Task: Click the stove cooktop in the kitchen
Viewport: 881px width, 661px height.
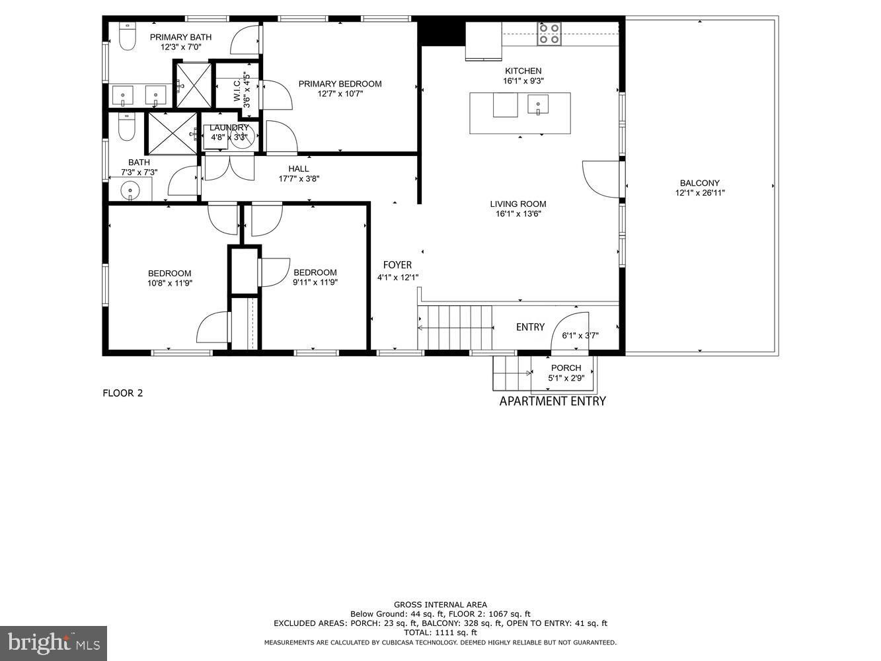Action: [x=549, y=34]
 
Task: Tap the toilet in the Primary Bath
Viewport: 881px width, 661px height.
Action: [x=128, y=36]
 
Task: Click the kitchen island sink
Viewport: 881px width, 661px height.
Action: [x=538, y=105]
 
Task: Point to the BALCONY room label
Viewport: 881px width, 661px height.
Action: [x=700, y=182]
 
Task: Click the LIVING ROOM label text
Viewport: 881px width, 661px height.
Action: [x=517, y=204]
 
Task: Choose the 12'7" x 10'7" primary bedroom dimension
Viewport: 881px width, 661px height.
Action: [x=340, y=94]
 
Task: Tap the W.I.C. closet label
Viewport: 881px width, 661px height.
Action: [x=237, y=90]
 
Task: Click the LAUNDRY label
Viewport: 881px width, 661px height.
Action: [x=229, y=128]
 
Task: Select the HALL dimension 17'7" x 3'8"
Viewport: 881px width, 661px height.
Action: [x=299, y=179]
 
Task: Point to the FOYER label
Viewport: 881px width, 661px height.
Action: [x=397, y=265]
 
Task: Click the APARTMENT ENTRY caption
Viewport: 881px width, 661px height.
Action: [x=553, y=401]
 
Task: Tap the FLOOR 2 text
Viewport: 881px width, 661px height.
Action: [x=123, y=393]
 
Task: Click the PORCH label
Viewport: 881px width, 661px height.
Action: [x=566, y=368]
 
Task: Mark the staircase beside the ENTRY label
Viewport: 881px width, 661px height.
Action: [x=455, y=327]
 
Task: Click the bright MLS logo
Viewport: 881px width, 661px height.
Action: [x=54, y=643]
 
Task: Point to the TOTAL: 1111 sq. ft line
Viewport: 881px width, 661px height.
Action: [x=440, y=633]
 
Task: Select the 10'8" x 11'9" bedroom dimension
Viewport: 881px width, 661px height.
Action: [x=170, y=284]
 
